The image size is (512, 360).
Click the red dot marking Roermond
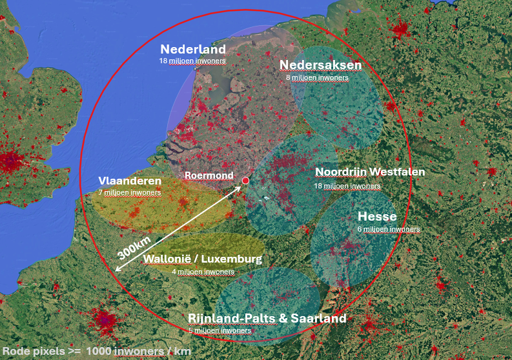pyautogui.click(x=245, y=181)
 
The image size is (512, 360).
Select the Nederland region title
pyautogui.click(x=193, y=50)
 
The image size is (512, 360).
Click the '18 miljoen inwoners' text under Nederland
pyautogui.click(x=193, y=61)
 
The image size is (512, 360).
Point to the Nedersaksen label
pyautogui.click(x=320, y=65)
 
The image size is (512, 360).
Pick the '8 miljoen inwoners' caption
pyautogui.click(x=317, y=77)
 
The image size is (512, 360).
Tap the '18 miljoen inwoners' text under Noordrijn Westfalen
pyautogui.click(x=347, y=185)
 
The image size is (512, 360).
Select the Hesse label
pyautogui.click(x=377, y=216)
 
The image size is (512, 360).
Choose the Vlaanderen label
pyautogui.click(x=130, y=180)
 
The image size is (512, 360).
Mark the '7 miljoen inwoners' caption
pyautogui.click(x=130, y=192)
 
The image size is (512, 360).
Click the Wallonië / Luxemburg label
pyautogui.click(x=203, y=259)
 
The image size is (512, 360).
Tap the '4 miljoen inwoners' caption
pyautogui.click(x=203, y=272)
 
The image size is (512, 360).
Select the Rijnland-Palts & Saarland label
pyautogui.click(x=267, y=319)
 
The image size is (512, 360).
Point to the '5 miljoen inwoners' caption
pyautogui.click(x=220, y=330)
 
